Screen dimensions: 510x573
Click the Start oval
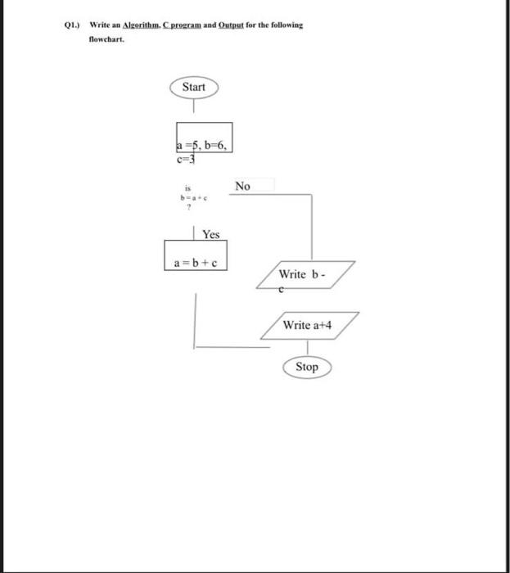pos(193,87)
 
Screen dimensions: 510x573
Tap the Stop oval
pos(307,367)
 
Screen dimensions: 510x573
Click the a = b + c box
pos(196,262)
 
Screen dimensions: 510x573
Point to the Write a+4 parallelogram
pos(308,325)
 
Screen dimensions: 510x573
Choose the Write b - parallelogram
pos(305,273)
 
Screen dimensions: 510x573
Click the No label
pos(242,186)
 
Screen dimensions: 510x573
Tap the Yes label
pos(211,234)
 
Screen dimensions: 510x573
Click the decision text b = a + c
pos(185,197)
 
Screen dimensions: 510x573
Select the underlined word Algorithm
pos(144,25)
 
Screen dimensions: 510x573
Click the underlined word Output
pos(233,25)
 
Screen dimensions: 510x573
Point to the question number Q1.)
pos(74,25)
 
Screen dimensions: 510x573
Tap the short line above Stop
pos(307,348)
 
